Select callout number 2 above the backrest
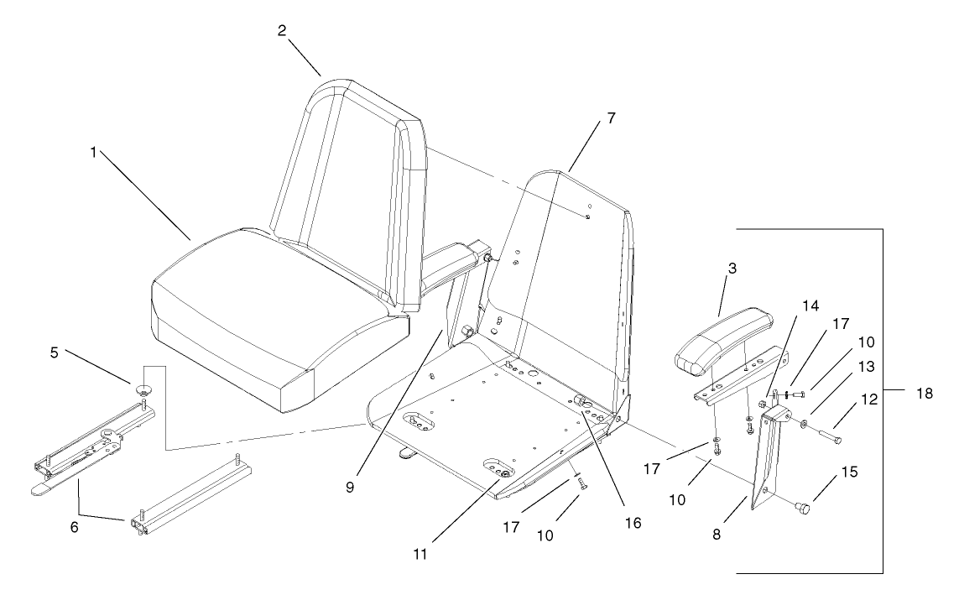(282, 31)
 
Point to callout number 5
(54, 353)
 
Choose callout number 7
(611, 118)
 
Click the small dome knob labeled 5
(143, 389)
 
